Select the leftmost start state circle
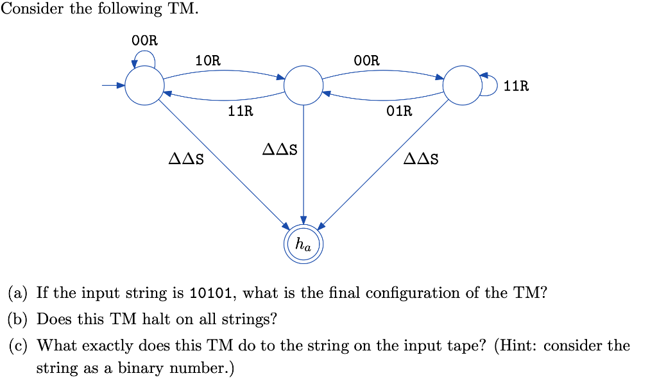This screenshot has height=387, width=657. (144, 85)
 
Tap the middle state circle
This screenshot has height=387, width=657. (303, 85)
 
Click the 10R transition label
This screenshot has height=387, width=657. (208, 61)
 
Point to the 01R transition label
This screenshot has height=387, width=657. (400, 111)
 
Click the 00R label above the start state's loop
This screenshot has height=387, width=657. (144, 40)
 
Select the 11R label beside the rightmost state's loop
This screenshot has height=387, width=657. (516, 86)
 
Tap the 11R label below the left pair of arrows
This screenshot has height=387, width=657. (241, 111)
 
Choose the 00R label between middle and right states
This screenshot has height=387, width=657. (367, 61)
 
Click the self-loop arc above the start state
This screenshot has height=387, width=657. (144, 56)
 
